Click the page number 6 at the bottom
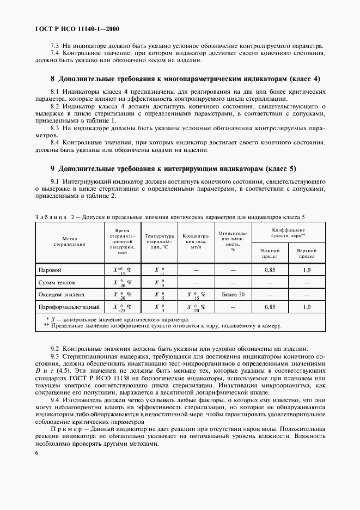point(36,453)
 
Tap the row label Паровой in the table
point(50,270)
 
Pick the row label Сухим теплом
point(57,283)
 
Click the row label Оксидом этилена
point(60,295)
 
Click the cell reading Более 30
point(234,295)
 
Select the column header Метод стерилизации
point(70,241)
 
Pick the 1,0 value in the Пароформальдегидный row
point(307,307)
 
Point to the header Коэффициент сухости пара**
point(288,233)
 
